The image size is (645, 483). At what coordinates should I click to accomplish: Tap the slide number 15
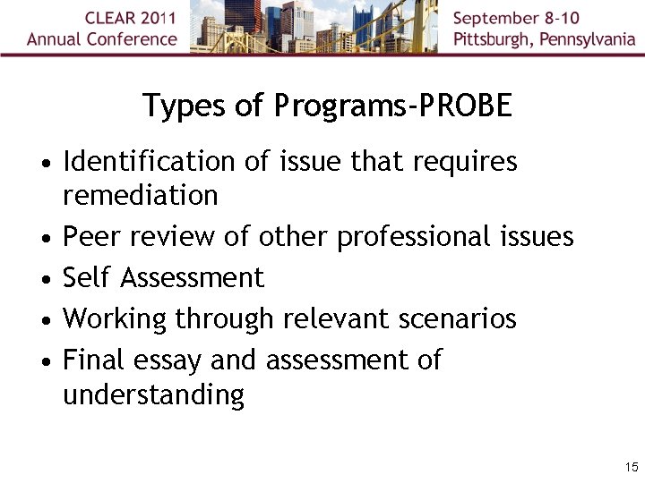click(x=631, y=467)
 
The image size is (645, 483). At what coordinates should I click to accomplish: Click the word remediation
click(x=141, y=195)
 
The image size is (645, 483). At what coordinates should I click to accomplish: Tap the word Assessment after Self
click(x=193, y=278)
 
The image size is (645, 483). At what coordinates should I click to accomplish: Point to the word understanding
click(x=153, y=394)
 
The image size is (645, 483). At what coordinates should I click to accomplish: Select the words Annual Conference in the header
click(x=102, y=39)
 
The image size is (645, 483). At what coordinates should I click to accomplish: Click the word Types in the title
click(x=177, y=106)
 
